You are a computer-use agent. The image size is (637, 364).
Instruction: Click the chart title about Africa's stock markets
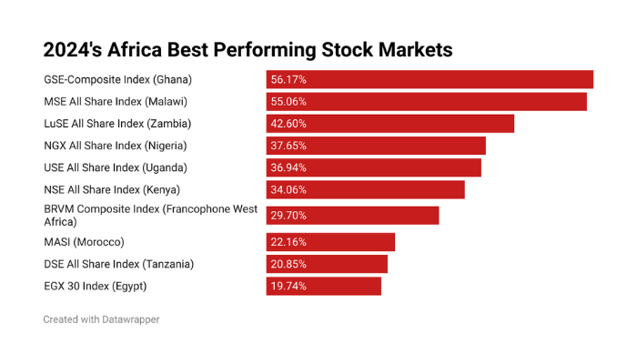pos(248,48)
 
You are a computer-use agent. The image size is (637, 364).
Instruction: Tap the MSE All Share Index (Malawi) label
pos(121,101)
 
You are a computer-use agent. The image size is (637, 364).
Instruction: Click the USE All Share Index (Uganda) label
pos(116,167)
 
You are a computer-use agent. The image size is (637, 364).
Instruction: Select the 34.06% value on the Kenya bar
pos(288,190)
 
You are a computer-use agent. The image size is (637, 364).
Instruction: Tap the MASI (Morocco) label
pos(84,242)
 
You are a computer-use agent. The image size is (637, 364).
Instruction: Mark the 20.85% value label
pos(288,264)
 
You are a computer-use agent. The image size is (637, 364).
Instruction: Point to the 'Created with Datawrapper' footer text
pos(101,319)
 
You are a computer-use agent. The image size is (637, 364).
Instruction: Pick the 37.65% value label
pos(288,146)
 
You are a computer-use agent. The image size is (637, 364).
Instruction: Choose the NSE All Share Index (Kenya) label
pos(112,190)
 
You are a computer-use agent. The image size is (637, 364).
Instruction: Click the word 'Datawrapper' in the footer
pos(129,319)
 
